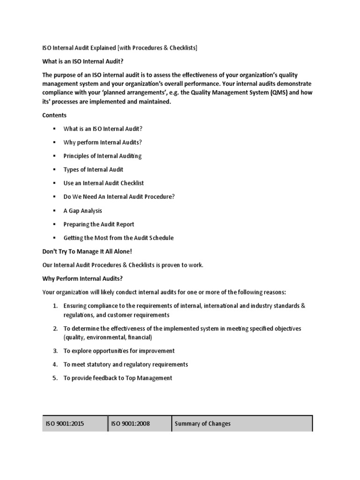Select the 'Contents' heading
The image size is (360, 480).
[x=54, y=115]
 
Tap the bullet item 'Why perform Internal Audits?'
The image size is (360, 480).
[x=103, y=142]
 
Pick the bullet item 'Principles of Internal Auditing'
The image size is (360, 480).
[x=102, y=156]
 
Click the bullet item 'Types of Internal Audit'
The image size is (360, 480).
[x=93, y=170]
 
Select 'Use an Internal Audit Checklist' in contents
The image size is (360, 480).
[x=104, y=183]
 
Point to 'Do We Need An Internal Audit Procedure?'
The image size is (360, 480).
[x=119, y=197]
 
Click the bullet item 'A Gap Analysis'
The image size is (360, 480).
[x=82, y=210]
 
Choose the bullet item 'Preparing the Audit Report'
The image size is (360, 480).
[x=99, y=224]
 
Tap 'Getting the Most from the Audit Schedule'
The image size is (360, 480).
[x=119, y=238]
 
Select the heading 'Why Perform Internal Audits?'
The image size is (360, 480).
[x=82, y=278]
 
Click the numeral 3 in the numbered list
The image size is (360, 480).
[x=54, y=351]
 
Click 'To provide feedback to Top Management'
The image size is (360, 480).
[x=118, y=378]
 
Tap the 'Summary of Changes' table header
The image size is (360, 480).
[x=202, y=424]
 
